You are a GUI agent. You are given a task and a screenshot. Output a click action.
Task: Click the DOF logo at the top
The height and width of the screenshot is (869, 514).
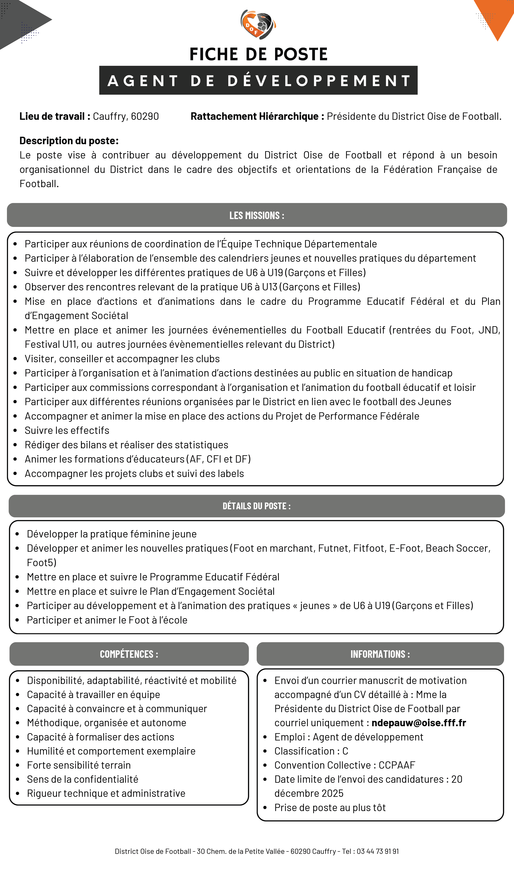(258, 24)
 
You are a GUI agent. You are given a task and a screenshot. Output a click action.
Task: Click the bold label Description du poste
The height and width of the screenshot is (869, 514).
(69, 141)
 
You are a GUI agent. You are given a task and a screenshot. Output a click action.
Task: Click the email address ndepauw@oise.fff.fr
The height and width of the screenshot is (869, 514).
(419, 723)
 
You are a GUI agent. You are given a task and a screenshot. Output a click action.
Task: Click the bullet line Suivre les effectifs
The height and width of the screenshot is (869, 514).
(67, 430)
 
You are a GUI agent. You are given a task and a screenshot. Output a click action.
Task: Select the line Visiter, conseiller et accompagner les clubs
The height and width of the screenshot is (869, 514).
(122, 359)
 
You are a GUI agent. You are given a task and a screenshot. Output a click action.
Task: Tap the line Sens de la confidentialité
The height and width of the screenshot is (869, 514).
(82, 779)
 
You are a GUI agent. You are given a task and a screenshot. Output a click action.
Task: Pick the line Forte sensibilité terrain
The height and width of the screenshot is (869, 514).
(79, 765)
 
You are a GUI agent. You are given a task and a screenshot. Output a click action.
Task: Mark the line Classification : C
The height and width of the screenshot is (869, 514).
(311, 751)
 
